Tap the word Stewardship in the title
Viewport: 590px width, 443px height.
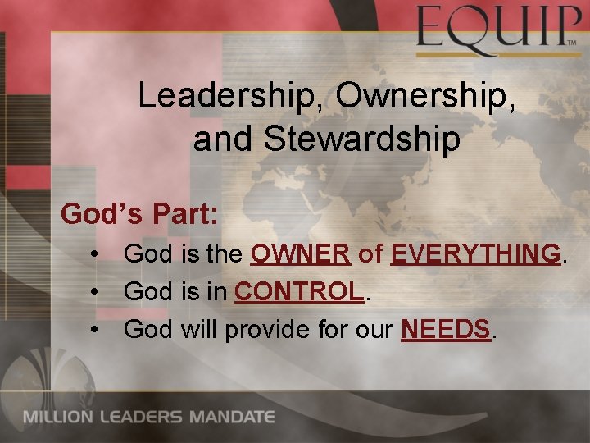pos(361,139)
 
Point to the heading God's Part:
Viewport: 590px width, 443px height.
pos(140,214)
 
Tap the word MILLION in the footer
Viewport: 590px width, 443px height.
pos(58,417)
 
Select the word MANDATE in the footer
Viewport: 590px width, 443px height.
pos(233,417)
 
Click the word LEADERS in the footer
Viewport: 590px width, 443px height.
pos(143,417)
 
